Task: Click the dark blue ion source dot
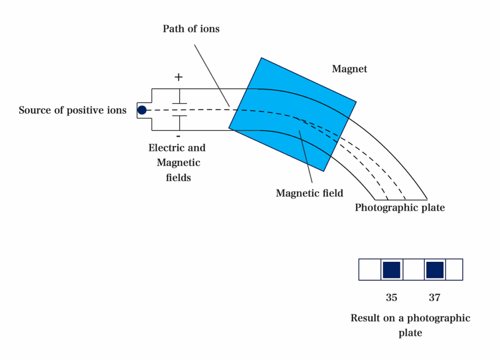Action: click(x=142, y=110)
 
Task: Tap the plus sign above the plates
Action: click(x=179, y=77)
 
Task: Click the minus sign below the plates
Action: click(x=178, y=136)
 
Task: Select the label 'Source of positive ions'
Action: click(x=73, y=110)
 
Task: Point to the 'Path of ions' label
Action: click(x=191, y=29)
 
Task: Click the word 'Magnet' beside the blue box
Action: click(x=349, y=69)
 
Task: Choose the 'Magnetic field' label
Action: click(x=310, y=193)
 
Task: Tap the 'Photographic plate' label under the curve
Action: click(x=400, y=208)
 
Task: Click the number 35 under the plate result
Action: click(x=392, y=297)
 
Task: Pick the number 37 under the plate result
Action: click(x=435, y=297)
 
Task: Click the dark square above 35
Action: click(x=392, y=270)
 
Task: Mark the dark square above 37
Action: click(x=435, y=270)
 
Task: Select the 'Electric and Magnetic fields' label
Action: click(x=178, y=163)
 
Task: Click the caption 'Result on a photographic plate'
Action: click(x=410, y=325)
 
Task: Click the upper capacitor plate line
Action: click(x=179, y=104)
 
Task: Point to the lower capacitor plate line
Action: click(x=179, y=116)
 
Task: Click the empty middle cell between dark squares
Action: click(x=413, y=270)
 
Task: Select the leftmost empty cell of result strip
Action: click(x=370, y=270)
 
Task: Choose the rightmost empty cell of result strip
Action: click(x=455, y=270)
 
